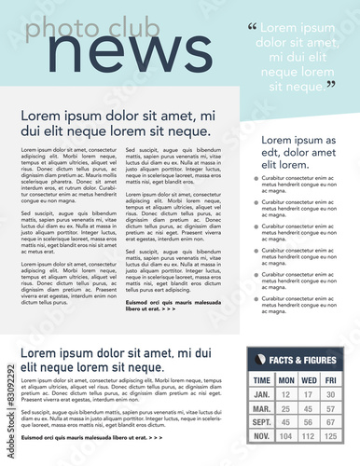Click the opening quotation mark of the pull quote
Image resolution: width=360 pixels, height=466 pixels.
click(252, 26)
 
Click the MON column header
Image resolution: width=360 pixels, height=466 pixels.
click(285, 380)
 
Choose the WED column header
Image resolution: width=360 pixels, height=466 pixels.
click(309, 380)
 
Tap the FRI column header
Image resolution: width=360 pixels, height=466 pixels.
click(331, 380)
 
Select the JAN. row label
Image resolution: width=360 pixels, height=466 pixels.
click(262, 395)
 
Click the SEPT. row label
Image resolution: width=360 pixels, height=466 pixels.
click(262, 422)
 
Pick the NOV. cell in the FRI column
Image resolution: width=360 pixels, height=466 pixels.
click(331, 436)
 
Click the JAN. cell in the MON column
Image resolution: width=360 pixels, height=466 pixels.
click(285, 395)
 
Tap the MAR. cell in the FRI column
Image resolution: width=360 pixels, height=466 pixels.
click(331, 409)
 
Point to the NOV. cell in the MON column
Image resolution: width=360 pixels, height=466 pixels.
click(285, 436)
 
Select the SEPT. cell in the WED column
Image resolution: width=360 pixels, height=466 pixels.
click(309, 422)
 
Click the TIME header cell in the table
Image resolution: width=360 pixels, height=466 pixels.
click(262, 380)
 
